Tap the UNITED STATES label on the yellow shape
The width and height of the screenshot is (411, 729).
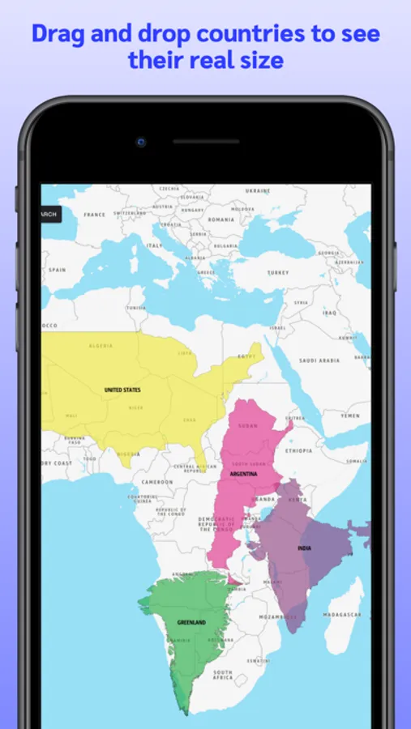122,390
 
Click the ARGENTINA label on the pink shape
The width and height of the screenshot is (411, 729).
243,473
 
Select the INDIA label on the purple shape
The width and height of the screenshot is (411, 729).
304,548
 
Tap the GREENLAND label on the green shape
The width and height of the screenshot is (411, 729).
191,622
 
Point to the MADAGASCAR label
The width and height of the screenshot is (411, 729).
344,616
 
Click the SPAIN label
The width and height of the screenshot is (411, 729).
57,270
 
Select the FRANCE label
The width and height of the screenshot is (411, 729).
95,215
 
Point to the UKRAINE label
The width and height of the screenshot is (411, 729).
257,191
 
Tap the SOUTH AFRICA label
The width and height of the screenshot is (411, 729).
222,675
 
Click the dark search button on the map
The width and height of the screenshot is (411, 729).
49,215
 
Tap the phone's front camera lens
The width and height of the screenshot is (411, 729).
141,142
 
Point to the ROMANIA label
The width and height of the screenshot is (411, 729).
220,219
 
